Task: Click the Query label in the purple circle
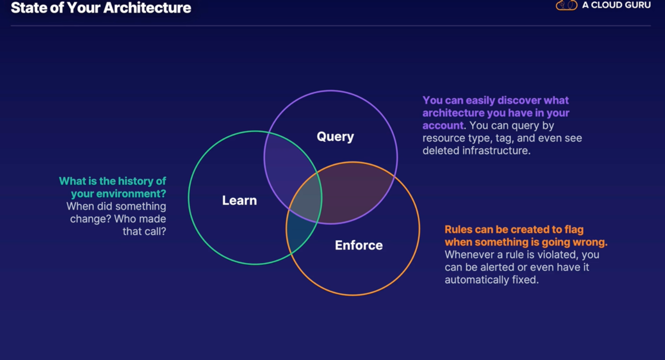point(335,137)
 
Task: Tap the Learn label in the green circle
point(239,200)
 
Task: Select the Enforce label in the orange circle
point(358,245)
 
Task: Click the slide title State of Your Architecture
point(101,8)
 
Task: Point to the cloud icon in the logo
point(566,5)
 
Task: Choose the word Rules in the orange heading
point(458,230)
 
